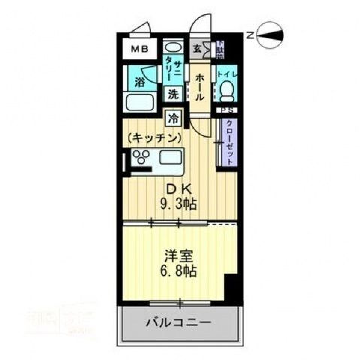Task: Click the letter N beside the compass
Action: (250, 35)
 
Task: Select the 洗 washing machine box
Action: (174, 95)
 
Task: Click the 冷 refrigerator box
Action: (174, 118)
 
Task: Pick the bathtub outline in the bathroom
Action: (141, 103)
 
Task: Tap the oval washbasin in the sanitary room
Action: (172, 46)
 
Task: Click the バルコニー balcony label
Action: (178, 323)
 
